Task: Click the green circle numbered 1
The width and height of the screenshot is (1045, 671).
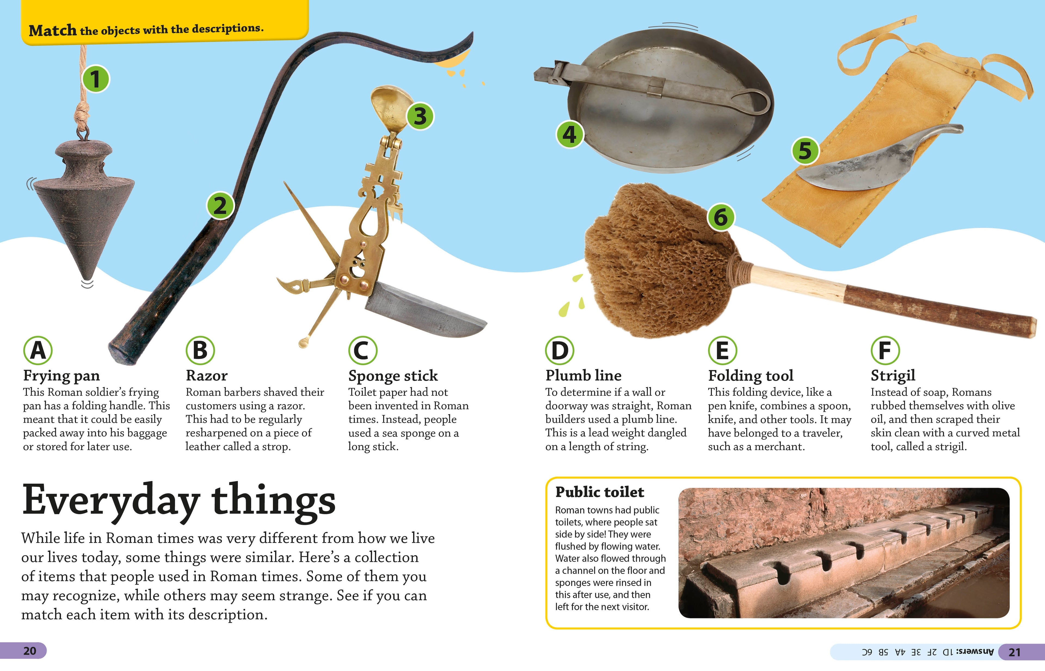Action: tap(96, 79)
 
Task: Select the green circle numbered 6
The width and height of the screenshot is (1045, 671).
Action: tap(720, 217)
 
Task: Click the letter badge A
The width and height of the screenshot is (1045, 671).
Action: tap(38, 350)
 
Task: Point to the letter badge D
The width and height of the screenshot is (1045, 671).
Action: tap(560, 350)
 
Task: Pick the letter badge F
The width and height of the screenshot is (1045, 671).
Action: tap(885, 350)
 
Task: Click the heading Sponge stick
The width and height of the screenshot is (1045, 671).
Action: tap(393, 375)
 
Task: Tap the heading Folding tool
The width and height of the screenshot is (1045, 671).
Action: tap(750, 375)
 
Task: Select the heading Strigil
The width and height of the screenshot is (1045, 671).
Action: tap(893, 375)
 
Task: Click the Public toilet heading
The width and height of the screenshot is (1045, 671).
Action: tap(600, 492)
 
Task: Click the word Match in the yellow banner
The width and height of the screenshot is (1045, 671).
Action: tap(52, 30)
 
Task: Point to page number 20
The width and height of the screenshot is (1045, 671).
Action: tap(30, 651)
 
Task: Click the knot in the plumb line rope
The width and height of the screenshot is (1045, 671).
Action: tap(81, 114)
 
